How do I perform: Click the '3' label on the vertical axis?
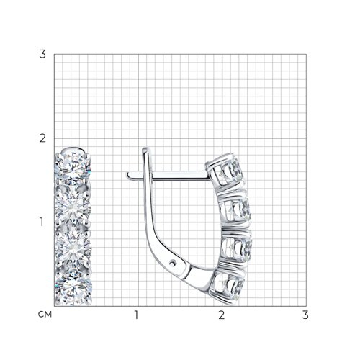(42, 55)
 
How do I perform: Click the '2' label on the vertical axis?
(42, 138)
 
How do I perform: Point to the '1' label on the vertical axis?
(42, 222)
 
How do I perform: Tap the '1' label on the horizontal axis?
(137, 315)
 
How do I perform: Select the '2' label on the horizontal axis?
(221, 315)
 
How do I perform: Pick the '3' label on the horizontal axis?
(305, 315)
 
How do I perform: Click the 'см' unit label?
(45, 314)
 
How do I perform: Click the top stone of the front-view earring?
(73, 166)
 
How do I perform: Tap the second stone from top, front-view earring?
(73, 207)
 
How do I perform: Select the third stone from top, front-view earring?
(73, 247)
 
